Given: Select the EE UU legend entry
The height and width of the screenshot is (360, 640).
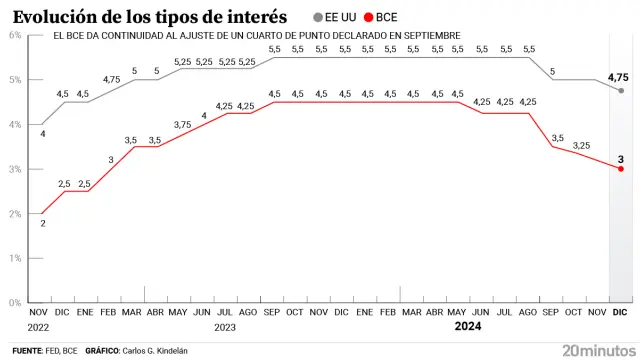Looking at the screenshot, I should click(x=334, y=17).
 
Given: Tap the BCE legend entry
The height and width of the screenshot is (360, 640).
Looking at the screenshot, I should click(x=381, y=17).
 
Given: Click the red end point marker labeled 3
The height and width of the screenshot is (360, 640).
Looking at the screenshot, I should click(x=621, y=169).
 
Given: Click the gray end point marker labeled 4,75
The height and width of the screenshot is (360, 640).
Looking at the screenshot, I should click(x=621, y=91).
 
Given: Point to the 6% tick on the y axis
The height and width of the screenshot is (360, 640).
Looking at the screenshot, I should click(x=15, y=35).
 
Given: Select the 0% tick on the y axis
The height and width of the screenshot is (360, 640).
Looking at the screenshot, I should click(x=15, y=302).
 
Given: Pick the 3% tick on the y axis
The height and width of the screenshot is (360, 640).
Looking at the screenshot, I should click(x=15, y=169).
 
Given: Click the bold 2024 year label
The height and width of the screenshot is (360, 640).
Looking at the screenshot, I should click(x=468, y=327).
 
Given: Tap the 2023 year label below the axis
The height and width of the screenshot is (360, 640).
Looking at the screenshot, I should click(x=224, y=327).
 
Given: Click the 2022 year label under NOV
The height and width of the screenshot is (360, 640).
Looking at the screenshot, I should click(x=38, y=327).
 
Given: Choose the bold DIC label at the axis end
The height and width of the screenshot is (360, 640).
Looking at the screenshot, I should click(x=620, y=313).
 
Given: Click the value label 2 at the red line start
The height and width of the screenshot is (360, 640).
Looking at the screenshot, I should click(x=42, y=224).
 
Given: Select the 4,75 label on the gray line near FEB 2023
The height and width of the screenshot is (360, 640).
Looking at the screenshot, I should click(x=111, y=79).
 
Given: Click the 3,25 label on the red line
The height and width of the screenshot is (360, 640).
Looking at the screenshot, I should click(x=580, y=146).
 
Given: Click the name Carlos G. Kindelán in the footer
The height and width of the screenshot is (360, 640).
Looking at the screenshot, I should click(x=148, y=351).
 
